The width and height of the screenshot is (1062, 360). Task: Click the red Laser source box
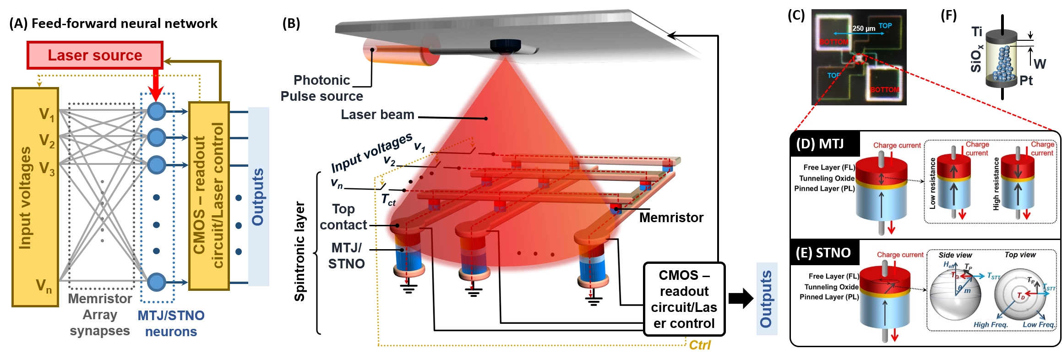[95, 55]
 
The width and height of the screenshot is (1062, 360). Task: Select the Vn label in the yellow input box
[44, 286]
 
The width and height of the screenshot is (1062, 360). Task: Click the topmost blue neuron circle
[157, 111]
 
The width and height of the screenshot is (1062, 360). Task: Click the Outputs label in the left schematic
[258, 197]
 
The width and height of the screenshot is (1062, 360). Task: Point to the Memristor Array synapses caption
[100, 315]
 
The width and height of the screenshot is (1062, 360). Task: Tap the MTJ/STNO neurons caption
[171, 323]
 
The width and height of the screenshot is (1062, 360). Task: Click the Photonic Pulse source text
[321, 88]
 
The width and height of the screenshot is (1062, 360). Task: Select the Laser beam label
[377, 115]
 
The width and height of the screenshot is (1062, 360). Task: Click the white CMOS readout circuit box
[684, 299]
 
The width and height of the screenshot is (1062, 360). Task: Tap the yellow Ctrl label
[700, 345]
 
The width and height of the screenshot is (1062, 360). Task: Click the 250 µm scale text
[864, 28]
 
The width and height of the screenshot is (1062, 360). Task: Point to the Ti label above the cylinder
[977, 32]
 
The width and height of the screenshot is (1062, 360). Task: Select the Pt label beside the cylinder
[1026, 81]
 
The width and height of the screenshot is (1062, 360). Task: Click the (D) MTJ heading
[820, 144]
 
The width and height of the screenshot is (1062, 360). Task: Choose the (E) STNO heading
[823, 253]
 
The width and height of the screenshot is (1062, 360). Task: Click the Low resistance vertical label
[932, 184]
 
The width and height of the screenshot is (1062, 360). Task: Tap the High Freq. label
[991, 325]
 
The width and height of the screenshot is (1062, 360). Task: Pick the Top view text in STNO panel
[1020, 255]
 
